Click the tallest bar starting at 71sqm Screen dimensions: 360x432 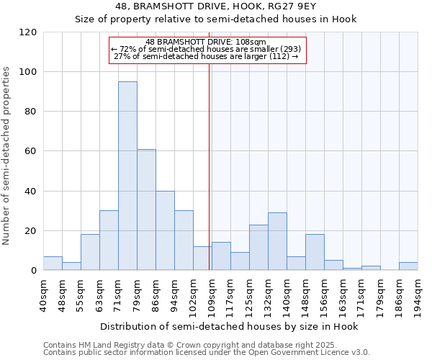(x=127, y=176)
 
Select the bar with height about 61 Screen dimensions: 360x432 (x=146, y=210)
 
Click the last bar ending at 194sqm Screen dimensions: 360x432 (x=408, y=266)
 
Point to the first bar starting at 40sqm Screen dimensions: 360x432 (x=53, y=264)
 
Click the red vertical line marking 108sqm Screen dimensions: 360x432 (x=210, y=166)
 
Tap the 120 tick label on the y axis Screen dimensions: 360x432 (x=29, y=32)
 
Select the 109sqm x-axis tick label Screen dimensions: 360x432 (x=212, y=294)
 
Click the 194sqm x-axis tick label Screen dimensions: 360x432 (x=418, y=294)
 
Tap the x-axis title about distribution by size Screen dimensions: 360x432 (x=229, y=326)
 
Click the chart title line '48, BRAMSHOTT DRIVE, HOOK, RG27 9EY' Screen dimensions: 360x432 (x=216, y=6)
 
